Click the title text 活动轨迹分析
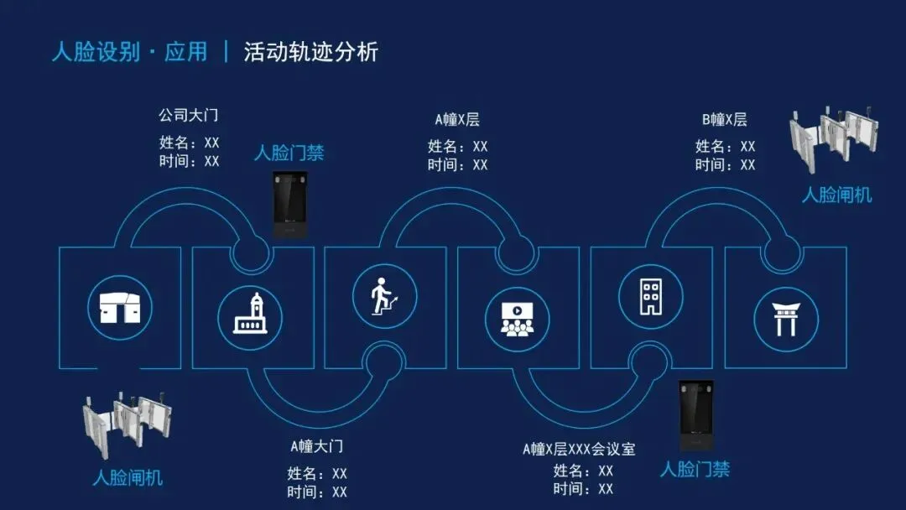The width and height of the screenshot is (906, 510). pyautogui.click(x=311, y=52)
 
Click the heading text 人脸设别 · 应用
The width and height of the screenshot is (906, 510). pyautogui.click(x=129, y=52)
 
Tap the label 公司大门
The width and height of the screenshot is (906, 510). pyautogui.click(x=189, y=115)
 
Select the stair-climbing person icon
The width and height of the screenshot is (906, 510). pyautogui.click(x=383, y=294)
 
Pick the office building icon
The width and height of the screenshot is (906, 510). pyautogui.click(x=650, y=295)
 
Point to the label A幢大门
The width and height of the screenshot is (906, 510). pyautogui.click(x=317, y=446)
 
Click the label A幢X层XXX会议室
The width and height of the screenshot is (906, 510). pyautogui.click(x=579, y=449)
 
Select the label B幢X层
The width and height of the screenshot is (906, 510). pyautogui.click(x=724, y=120)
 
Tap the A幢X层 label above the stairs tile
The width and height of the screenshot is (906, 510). pyautogui.click(x=456, y=120)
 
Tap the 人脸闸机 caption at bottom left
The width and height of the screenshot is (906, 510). pyautogui.click(x=128, y=478)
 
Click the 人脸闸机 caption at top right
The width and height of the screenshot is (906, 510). pyautogui.click(x=836, y=195)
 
